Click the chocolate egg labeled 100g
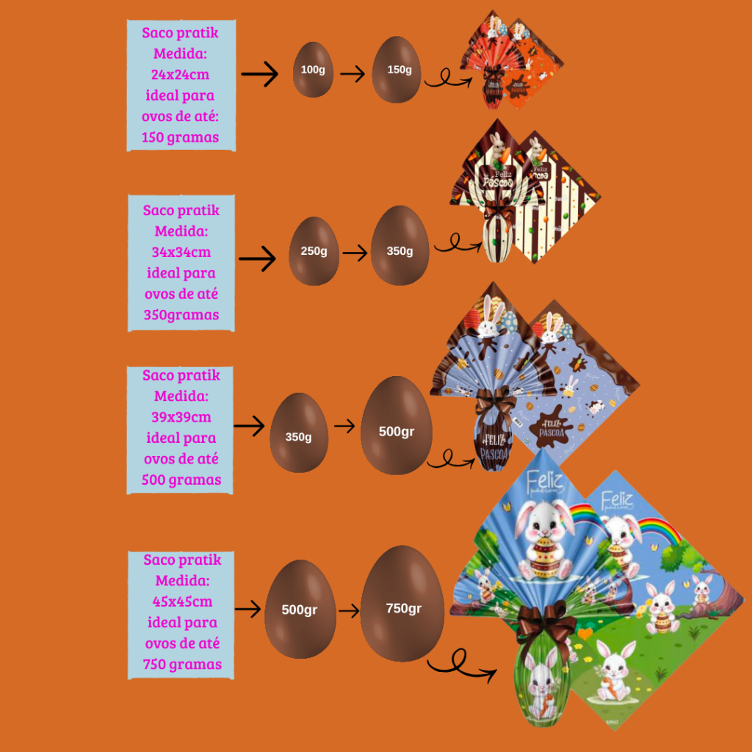click(313, 70)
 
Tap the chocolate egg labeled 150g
click(397, 70)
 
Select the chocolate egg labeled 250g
click(314, 251)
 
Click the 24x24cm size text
click(181, 75)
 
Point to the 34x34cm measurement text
click(181, 252)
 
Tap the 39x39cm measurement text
click(181, 417)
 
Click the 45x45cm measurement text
click(183, 601)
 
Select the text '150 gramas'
click(181, 137)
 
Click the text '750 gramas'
click(183, 665)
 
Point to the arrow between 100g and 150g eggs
click(352, 74)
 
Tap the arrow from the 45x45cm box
click(248, 609)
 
